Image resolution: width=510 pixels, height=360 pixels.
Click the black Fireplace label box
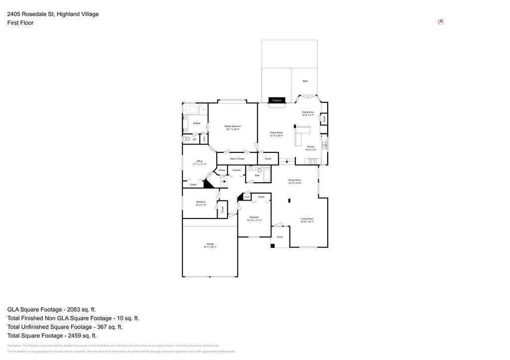[x=276, y=101]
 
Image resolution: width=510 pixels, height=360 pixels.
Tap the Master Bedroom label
[x=233, y=126]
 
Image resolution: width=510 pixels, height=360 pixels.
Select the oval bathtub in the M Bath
[x=190, y=110]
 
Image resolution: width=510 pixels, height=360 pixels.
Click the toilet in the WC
[x=186, y=139]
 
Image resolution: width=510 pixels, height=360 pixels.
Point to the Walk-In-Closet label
[x=237, y=159]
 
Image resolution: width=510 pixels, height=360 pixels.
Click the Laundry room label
[x=237, y=170]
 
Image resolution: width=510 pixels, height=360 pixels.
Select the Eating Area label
[x=308, y=113]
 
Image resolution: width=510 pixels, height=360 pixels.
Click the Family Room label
[x=276, y=133]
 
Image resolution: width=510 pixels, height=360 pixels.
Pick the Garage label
[x=210, y=244]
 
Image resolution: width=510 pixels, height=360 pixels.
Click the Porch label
[x=280, y=237]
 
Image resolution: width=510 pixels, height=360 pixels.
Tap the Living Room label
[x=307, y=219]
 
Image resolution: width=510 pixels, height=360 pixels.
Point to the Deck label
[x=305, y=81]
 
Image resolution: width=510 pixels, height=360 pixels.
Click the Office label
[x=199, y=161]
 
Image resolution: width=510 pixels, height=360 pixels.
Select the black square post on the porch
[x=273, y=245]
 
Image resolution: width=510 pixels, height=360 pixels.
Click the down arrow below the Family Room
[x=286, y=161]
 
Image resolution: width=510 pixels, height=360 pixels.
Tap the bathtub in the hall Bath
[x=266, y=175]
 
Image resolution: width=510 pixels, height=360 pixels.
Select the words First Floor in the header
[x=20, y=23]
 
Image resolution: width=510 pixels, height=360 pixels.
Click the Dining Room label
[x=295, y=180]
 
